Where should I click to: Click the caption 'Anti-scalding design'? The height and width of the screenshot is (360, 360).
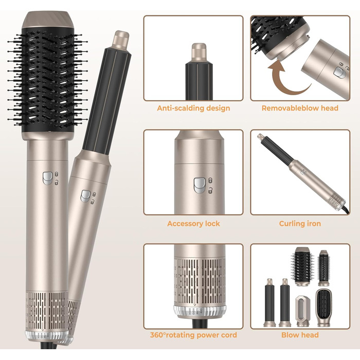pos(193,108)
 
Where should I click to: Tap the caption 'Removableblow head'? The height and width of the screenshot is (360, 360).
pos(300,108)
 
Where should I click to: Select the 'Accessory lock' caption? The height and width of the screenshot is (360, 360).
pos(193,224)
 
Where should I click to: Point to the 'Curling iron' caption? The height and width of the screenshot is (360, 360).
pos(300,224)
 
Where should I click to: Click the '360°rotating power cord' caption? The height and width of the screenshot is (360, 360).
pos(193,335)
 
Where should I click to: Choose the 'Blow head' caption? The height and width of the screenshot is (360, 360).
pos(300,335)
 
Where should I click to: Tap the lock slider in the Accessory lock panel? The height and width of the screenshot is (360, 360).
pos(200,185)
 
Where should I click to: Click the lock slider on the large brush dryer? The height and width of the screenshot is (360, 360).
pos(47,178)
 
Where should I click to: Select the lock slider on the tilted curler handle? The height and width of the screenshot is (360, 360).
pos(85,196)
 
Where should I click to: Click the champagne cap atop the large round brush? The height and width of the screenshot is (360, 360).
pos(48,20)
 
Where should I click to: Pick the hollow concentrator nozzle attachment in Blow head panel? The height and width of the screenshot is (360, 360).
pos(302,311)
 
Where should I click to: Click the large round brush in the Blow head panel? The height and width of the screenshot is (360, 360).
pos(302,266)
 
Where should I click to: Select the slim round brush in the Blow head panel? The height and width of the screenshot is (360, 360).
pos(323,268)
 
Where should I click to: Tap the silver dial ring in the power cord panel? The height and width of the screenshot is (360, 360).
pos(200,312)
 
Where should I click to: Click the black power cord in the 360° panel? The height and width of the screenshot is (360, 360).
pos(200,323)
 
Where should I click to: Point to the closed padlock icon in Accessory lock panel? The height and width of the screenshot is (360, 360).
pos(210,181)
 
